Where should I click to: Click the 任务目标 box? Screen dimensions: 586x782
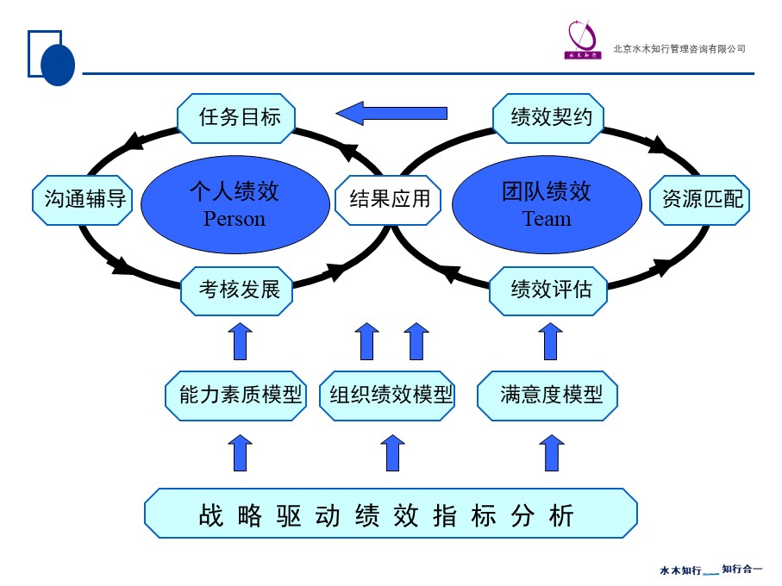tap(236, 116)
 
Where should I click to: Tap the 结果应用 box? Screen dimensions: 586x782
tap(388, 200)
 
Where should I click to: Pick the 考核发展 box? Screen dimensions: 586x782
tap(237, 290)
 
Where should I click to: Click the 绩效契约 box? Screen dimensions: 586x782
tap(548, 117)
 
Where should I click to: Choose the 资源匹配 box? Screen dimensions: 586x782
tap(700, 200)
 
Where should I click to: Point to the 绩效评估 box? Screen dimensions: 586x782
tap(548, 290)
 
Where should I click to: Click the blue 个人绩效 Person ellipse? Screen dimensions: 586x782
tap(234, 203)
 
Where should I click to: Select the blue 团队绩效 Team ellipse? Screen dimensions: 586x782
tap(547, 203)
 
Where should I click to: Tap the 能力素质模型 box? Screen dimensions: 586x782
tap(236, 396)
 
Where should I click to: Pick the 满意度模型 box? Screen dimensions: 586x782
tap(547, 396)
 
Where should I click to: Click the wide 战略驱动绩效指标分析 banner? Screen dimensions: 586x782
tap(391, 514)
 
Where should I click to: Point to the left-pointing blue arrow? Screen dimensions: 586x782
tap(391, 113)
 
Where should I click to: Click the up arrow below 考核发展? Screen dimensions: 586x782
tap(241, 341)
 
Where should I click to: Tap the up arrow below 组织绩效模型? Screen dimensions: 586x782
tap(392, 452)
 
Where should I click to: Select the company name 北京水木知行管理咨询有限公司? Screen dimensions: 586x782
tap(679, 49)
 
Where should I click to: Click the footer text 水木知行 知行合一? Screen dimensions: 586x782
tap(710, 570)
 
